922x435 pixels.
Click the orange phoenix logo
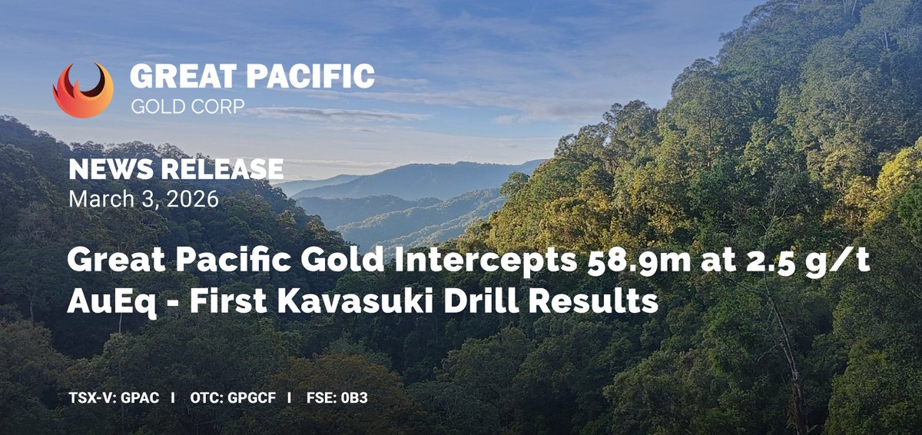(83, 89)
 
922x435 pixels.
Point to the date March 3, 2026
(143, 199)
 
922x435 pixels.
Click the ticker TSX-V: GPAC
(112, 400)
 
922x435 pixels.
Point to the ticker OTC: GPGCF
(230, 400)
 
